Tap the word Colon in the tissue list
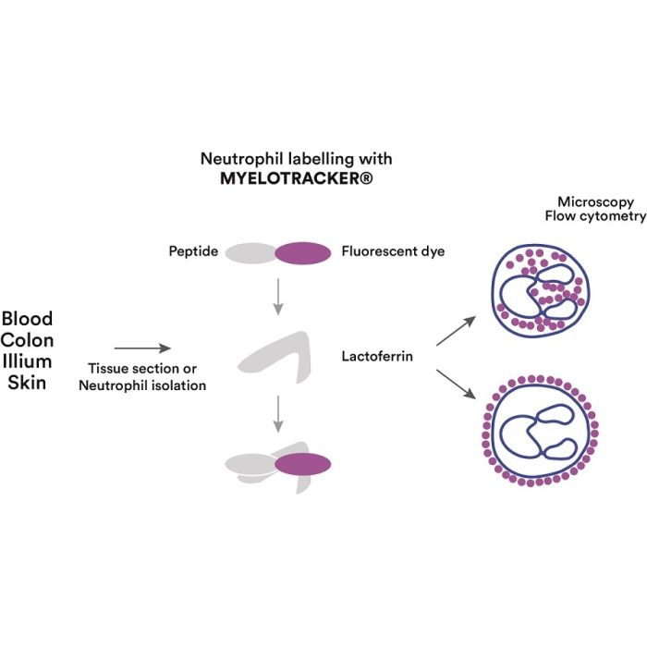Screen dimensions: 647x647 [28, 340]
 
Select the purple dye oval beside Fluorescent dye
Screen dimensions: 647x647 [303, 252]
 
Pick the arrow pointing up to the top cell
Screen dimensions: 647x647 [457, 331]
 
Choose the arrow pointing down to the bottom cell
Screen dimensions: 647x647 [457, 385]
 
